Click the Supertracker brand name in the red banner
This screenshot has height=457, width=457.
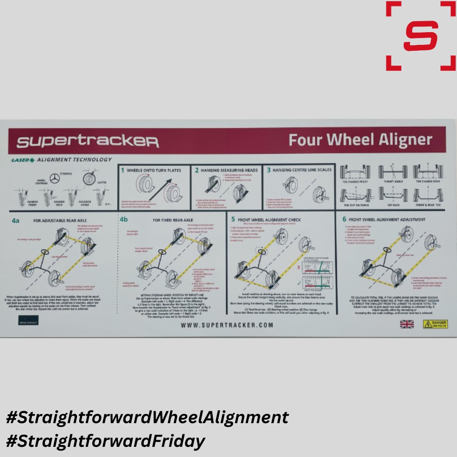[x=88, y=141]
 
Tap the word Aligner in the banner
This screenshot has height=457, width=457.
[x=401, y=140]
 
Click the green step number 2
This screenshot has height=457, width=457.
[x=197, y=170]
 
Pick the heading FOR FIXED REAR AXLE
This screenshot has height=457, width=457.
[x=173, y=220]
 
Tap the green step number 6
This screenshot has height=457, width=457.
[x=344, y=219]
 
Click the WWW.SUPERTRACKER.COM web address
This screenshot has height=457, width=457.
[x=227, y=325]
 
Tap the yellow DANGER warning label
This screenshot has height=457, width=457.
[x=435, y=324]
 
